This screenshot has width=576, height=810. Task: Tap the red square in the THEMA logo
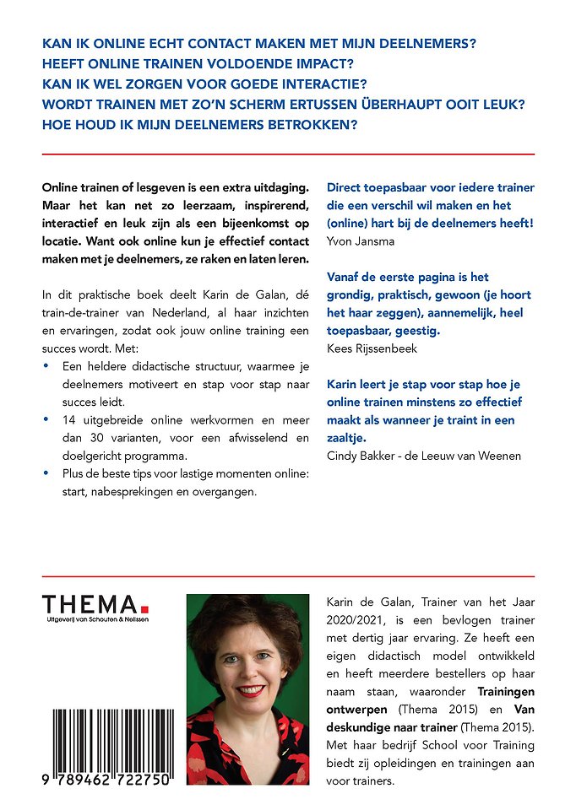coord(144,607)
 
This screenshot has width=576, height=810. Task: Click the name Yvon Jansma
coord(360,240)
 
